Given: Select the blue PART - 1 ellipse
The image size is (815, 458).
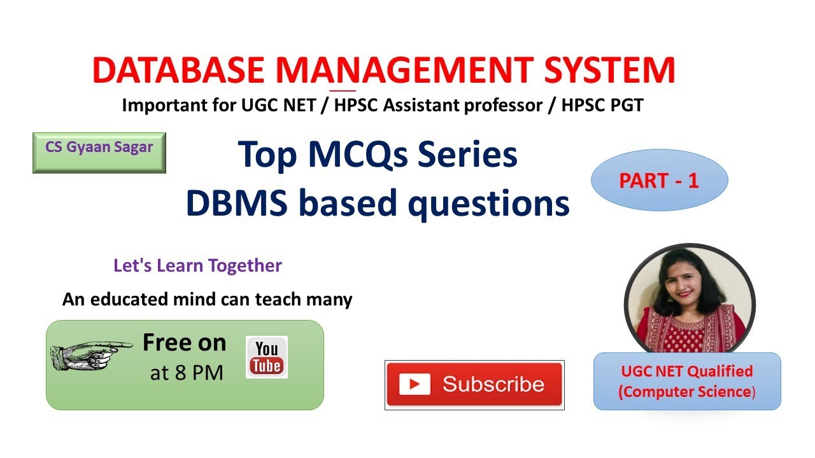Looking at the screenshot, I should [x=659, y=181].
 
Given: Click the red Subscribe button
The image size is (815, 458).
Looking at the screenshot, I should [x=474, y=384].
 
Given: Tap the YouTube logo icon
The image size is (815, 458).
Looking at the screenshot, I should [x=266, y=357].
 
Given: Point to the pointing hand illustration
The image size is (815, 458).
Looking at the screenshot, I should [x=89, y=352].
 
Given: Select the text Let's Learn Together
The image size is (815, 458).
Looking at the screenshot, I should [x=197, y=265].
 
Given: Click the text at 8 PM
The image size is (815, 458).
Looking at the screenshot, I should [x=186, y=373].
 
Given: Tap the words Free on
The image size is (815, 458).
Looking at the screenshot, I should [x=184, y=343].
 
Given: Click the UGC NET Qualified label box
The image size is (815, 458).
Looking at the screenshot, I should [x=686, y=381].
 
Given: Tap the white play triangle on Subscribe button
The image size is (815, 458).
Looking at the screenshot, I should [x=415, y=384].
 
